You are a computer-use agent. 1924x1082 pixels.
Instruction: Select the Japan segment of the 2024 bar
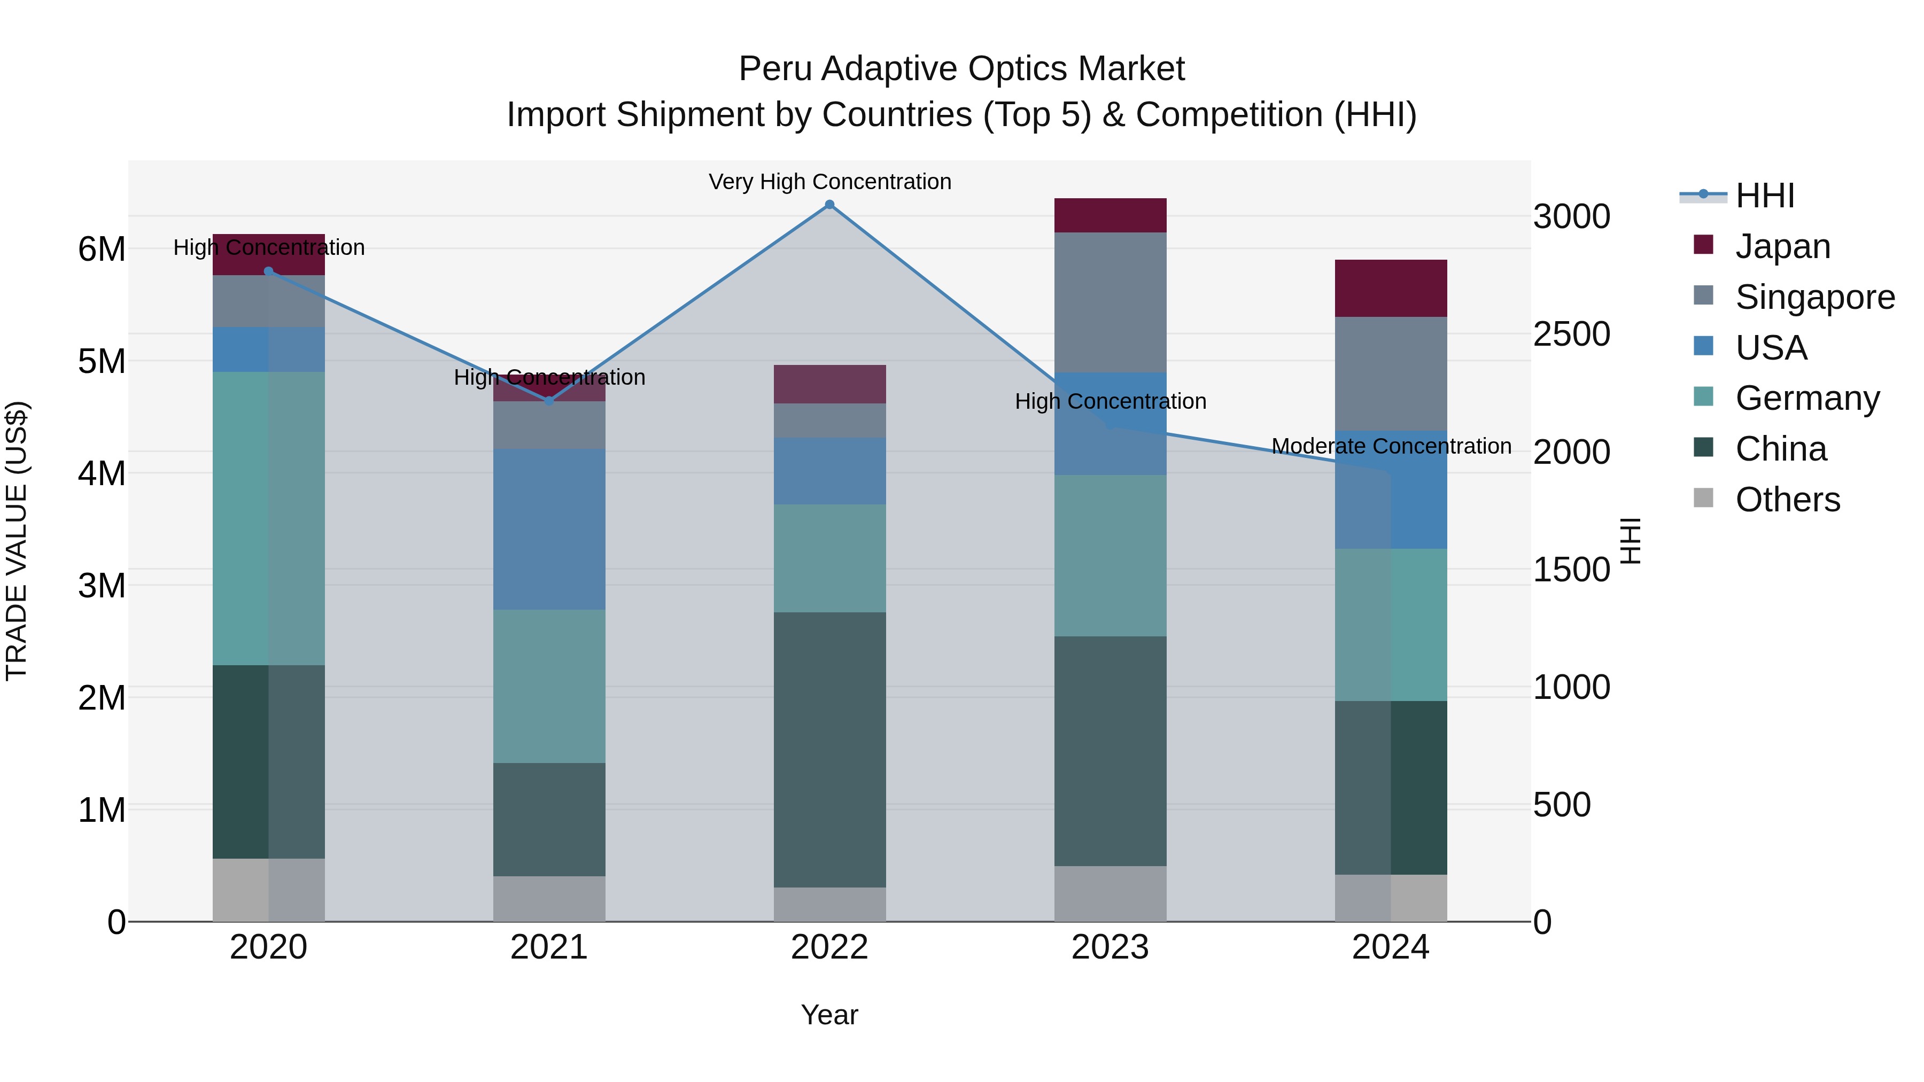1391,288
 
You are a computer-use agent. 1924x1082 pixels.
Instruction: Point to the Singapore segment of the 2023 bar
1110,302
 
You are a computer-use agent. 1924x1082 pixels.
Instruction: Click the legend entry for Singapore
1814,297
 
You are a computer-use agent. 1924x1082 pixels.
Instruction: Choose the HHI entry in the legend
1764,196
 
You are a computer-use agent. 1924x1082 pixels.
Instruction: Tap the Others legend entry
1787,500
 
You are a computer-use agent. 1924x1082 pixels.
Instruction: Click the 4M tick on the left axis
102,473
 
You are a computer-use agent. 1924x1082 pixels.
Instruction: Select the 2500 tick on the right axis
1571,334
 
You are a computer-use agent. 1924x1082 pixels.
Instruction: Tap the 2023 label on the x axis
1110,947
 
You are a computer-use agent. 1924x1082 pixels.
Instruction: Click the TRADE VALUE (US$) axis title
17,541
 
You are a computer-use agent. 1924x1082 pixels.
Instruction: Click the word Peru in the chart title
776,69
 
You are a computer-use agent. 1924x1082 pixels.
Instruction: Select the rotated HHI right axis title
1631,541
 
